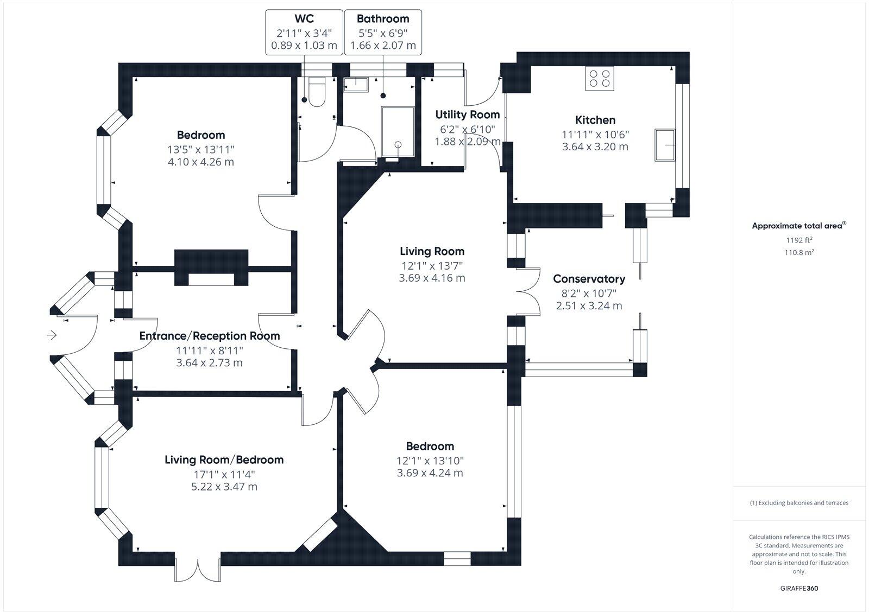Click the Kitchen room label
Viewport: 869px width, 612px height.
[595, 120]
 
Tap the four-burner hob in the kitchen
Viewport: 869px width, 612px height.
[600, 78]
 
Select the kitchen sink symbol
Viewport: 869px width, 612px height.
[665, 145]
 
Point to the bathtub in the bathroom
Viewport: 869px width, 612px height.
[398, 132]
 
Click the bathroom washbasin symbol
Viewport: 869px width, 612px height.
[356, 82]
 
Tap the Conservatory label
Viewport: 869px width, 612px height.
[589, 279]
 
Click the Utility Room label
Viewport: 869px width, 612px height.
[467, 114]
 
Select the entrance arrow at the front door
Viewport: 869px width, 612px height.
[52, 335]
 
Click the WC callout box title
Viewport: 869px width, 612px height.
[304, 19]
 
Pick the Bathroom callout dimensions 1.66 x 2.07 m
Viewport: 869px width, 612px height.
[383, 46]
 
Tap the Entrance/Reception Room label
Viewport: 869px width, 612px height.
[210, 336]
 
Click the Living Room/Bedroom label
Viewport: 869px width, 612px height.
[224, 460]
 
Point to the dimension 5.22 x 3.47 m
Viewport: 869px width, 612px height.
[224, 487]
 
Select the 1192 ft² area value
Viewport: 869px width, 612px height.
[799, 240]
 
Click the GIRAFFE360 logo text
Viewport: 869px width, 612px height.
[799, 588]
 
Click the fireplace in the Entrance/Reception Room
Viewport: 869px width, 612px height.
[211, 268]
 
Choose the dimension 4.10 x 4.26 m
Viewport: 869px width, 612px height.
[201, 162]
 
